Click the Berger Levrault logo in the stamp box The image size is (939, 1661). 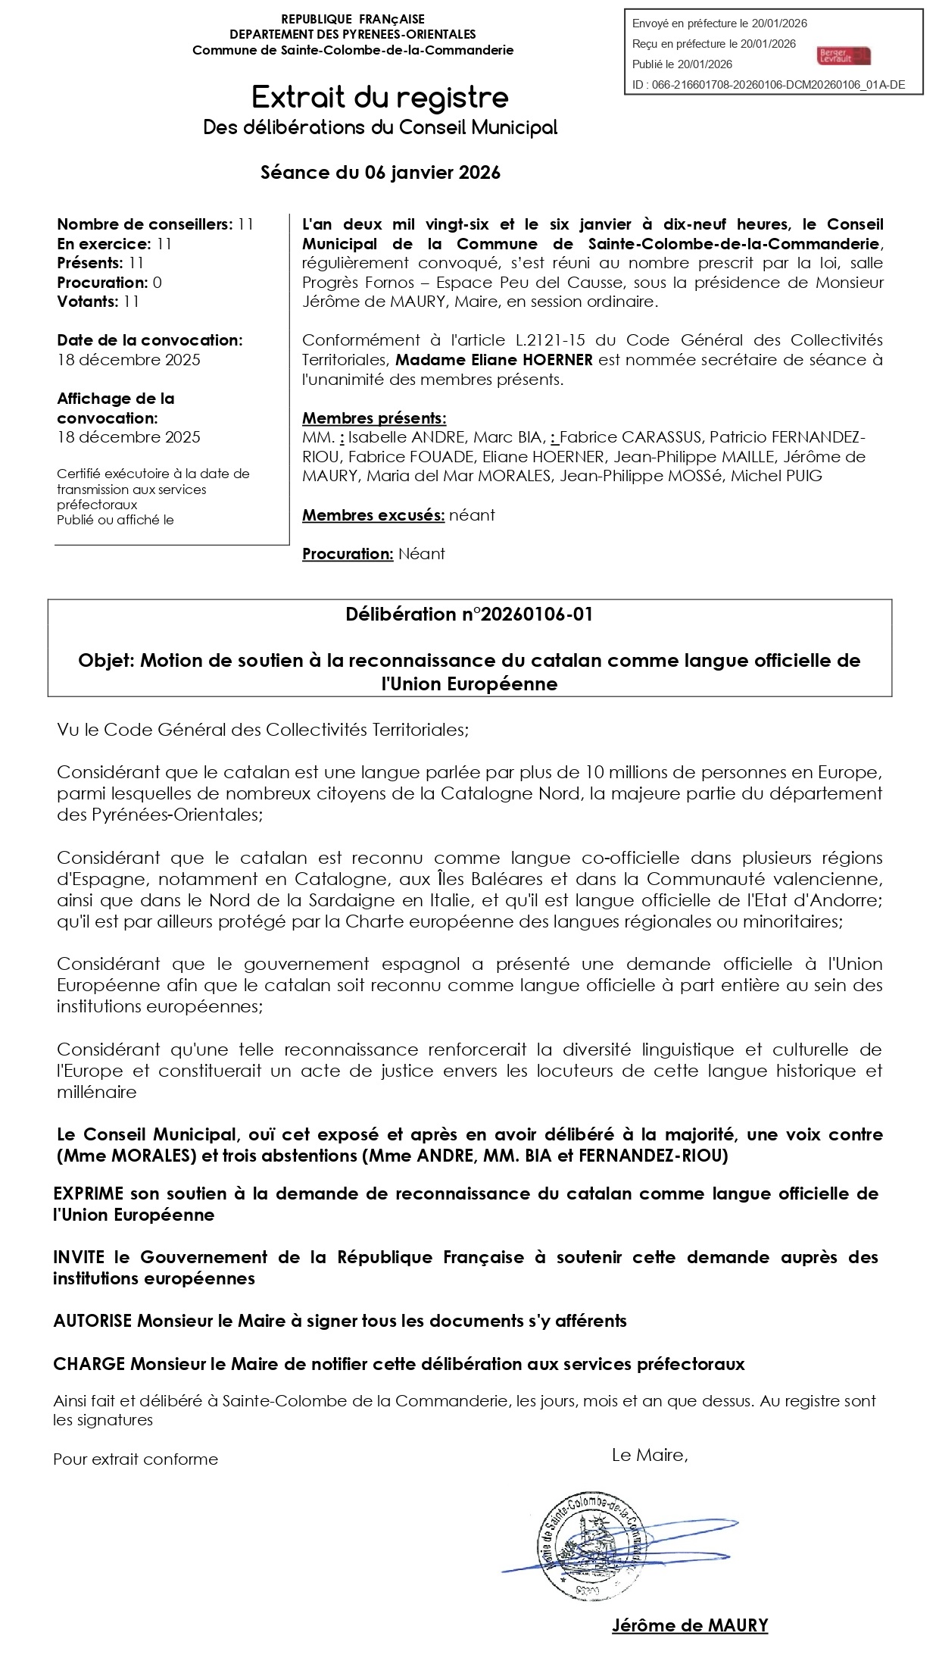pos(844,55)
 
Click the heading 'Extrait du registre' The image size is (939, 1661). pos(380,98)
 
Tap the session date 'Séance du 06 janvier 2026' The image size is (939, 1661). pos(380,173)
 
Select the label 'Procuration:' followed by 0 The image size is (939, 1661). pos(103,283)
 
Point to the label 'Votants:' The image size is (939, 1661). pos(88,302)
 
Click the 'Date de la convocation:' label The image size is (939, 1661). pos(150,340)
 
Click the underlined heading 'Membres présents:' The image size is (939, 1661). pos(374,418)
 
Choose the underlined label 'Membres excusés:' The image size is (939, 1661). pos(373,515)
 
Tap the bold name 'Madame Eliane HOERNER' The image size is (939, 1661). pos(494,360)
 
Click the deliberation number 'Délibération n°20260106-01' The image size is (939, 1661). pos(469,615)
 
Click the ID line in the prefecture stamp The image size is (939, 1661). pos(768,85)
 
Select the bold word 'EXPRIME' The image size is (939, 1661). pos(88,1194)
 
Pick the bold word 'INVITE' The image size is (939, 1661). pos(79,1258)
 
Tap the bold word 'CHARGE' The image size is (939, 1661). pos(89,1364)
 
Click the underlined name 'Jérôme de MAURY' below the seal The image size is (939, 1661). pos(690,1625)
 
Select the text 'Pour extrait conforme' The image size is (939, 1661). pos(136,1459)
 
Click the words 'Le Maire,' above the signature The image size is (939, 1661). pos(650,1455)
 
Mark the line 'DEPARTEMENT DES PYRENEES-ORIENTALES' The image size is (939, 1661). pos(353,34)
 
